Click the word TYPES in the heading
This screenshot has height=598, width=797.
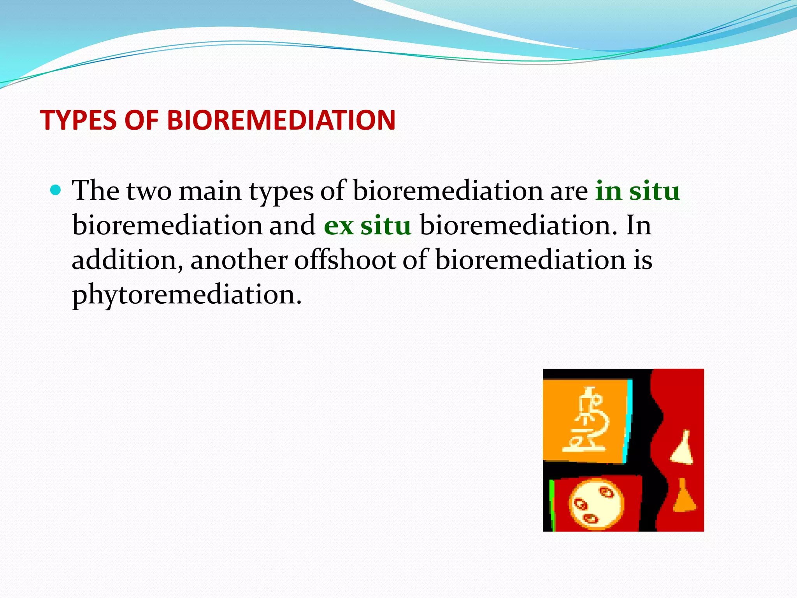(78, 120)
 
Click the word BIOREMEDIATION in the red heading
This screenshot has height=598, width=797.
(281, 120)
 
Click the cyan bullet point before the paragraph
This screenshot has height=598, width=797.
(56, 190)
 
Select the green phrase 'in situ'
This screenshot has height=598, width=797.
(637, 191)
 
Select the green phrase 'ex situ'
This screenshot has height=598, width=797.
(367, 225)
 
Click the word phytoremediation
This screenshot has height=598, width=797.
(187, 295)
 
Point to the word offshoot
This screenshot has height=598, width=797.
(345, 260)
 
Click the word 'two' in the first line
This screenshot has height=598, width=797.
(149, 192)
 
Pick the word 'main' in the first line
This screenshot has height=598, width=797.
(210, 191)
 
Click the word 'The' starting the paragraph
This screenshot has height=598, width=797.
(96, 191)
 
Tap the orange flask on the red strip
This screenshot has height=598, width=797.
(684, 497)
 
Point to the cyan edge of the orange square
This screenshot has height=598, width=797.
(628, 420)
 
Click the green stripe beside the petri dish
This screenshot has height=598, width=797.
(552, 505)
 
